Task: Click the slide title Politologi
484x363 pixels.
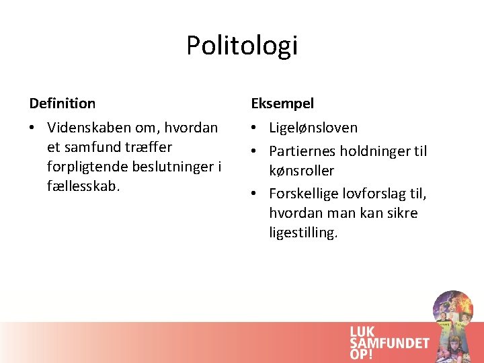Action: click(242, 46)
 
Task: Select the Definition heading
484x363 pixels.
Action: click(63, 104)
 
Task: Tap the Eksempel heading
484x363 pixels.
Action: click(282, 104)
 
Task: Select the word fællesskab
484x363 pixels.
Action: click(83, 186)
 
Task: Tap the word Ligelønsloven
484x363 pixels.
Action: click(313, 128)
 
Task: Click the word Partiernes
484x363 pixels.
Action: click(302, 151)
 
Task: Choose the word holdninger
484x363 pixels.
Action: click(372, 151)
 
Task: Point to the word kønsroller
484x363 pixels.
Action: click(301, 171)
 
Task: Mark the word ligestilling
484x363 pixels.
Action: click(303, 233)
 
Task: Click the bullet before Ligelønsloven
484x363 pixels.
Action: click(255, 128)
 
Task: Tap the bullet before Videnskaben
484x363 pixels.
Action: click(34, 128)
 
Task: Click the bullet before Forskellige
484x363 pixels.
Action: click(255, 194)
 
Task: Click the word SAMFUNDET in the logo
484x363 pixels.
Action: click(389, 343)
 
